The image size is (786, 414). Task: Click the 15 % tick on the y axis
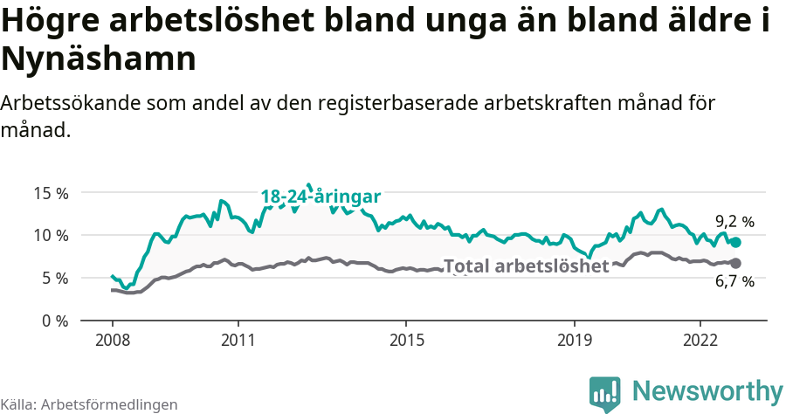tap(50, 192)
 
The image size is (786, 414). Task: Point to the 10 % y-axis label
tap(50, 235)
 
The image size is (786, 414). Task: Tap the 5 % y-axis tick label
tap(53, 278)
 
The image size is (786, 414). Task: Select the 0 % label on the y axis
tap(53, 321)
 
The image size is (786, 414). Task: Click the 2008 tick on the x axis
tap(113, 340)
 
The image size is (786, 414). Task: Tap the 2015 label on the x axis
tap(406, 340)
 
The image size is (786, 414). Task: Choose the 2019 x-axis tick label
tap(575, 340)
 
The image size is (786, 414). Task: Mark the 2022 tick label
tap(700, 340)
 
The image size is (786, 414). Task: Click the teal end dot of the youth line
tap(735, 243)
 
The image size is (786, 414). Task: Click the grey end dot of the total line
tap(735, 263)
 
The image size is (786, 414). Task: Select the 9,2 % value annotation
tap(734, 222)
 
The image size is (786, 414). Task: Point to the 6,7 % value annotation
tap(734, 282)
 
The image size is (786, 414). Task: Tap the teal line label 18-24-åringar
tap(321, 197)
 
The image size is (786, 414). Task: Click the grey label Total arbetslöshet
tap(526, 266)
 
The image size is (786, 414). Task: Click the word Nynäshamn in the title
tap(98, 59)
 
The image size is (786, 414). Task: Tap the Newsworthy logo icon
tap(605, 394)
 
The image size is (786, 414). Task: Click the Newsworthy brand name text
tap(707, 390)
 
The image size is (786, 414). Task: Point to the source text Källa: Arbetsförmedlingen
tap(89, 404)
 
